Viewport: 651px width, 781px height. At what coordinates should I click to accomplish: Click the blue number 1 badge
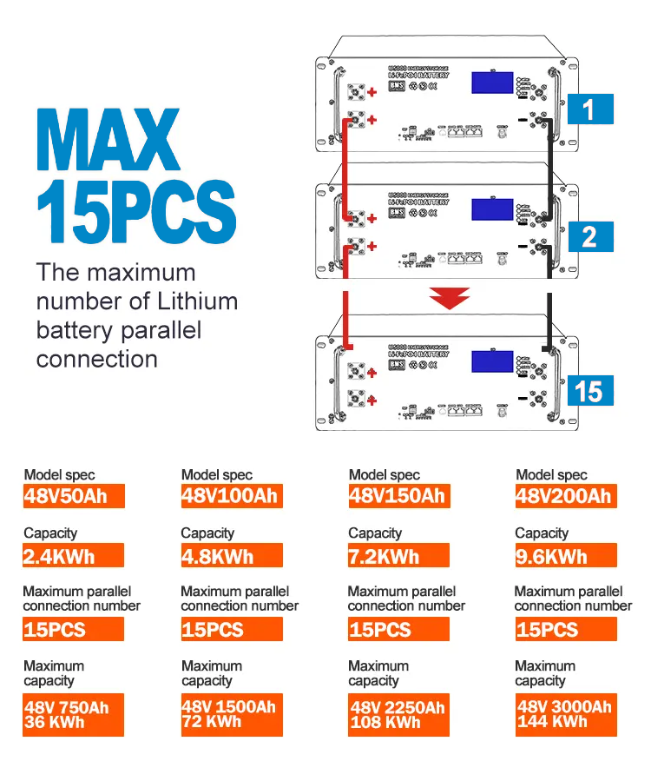tap(589, 109)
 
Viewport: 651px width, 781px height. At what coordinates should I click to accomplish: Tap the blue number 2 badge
tap(589, 236)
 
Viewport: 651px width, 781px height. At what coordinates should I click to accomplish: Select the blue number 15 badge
tap(589, 391)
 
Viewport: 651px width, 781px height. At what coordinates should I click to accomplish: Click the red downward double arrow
tap(449, 301)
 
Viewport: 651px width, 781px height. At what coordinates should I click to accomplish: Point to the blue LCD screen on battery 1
tap(496, 83)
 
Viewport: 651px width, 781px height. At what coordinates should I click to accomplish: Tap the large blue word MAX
tap(108, 140)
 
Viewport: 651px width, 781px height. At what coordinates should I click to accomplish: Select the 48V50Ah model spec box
tap(74, 496)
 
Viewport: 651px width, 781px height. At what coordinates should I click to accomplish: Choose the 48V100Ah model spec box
tap(232, 496)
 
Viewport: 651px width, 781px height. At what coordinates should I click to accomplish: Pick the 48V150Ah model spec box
tap(399, 496)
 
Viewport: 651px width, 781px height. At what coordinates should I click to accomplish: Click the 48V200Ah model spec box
tap(566, 496)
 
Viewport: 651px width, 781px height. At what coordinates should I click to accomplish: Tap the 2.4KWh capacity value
tap(74, 556)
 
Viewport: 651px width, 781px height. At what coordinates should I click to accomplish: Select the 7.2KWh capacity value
tap(399, 556)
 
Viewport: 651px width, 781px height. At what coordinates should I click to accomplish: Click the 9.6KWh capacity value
tap(566, 556)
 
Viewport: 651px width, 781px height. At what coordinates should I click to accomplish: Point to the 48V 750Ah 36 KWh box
tap(74, 714)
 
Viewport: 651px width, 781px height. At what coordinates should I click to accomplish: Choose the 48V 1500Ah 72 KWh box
tap(232, 714)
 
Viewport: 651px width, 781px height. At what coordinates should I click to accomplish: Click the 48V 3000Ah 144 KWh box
tap(566, 714)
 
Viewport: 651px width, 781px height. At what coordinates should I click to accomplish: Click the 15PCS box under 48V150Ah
tap(399, 630)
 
